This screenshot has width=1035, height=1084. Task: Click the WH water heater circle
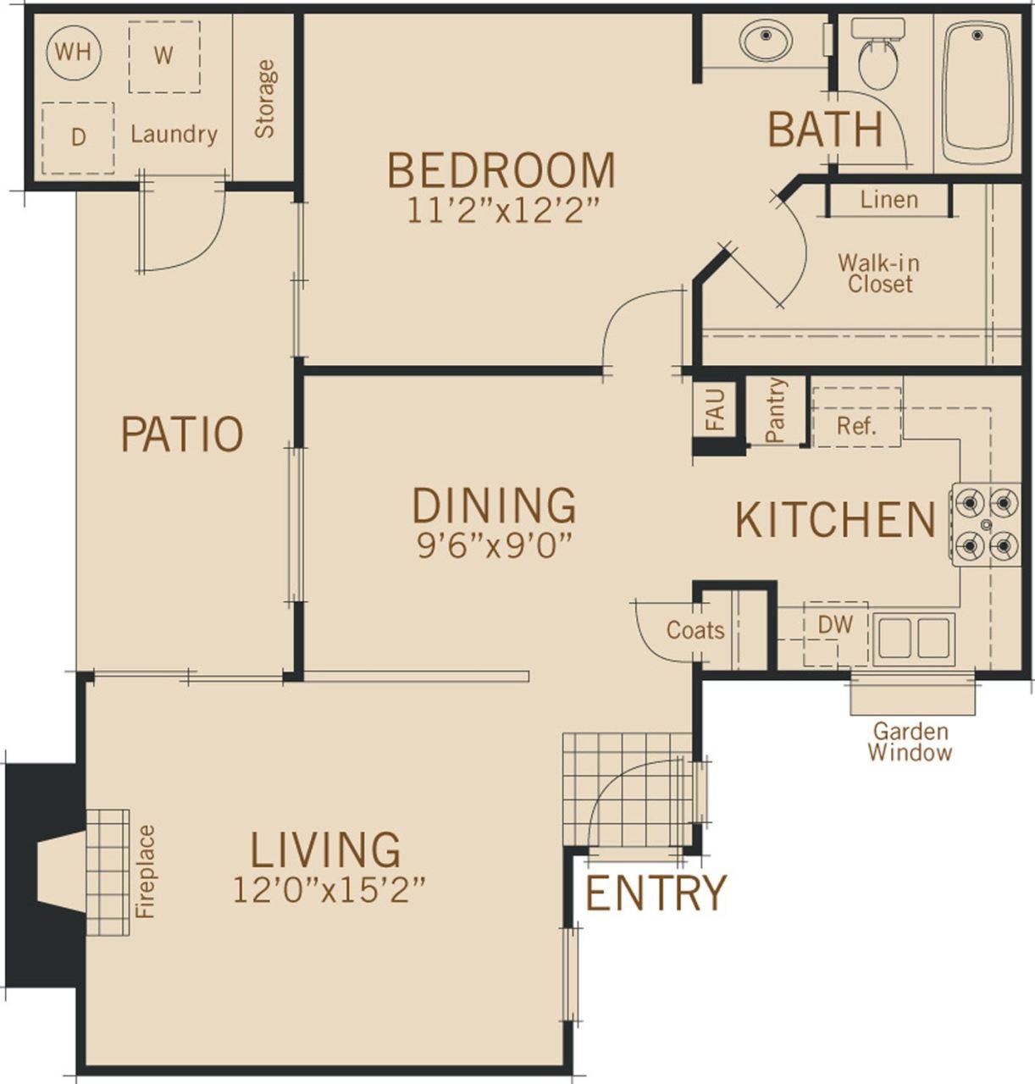[74, 53]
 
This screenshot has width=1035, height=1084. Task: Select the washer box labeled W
[163, 56]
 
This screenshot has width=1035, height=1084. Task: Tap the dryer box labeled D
[78, 138]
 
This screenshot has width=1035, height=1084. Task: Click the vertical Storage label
[265, 98]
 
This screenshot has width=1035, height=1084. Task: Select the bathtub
[977, 91]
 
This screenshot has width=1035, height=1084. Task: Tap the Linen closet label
[888, 200]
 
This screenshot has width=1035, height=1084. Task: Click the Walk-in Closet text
[879, 273]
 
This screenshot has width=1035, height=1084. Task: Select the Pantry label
[775, 410]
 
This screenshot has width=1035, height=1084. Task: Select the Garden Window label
[910, 741]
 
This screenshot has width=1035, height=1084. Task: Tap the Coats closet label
[695, 630]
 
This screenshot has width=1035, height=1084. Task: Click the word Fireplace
[146, 871]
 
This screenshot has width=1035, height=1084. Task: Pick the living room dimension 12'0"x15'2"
[328, 890]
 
